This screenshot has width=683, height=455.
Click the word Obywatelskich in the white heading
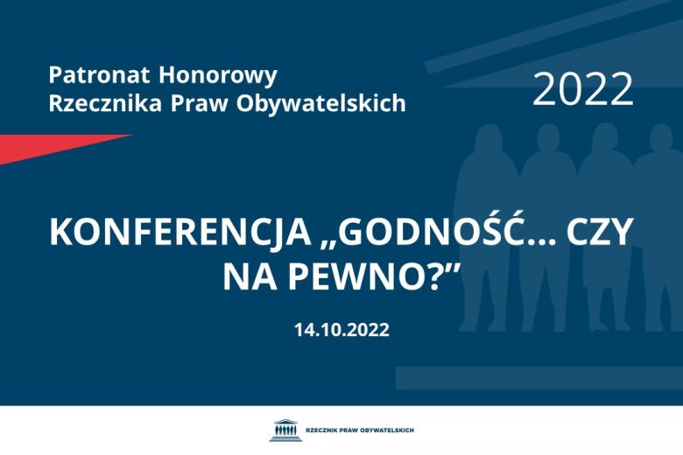321,103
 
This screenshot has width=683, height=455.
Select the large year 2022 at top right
582,89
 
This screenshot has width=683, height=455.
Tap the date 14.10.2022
341,330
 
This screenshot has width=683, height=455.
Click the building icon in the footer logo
285,430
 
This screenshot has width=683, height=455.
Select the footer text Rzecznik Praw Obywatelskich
359,430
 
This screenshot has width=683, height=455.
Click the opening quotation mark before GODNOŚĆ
326,244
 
